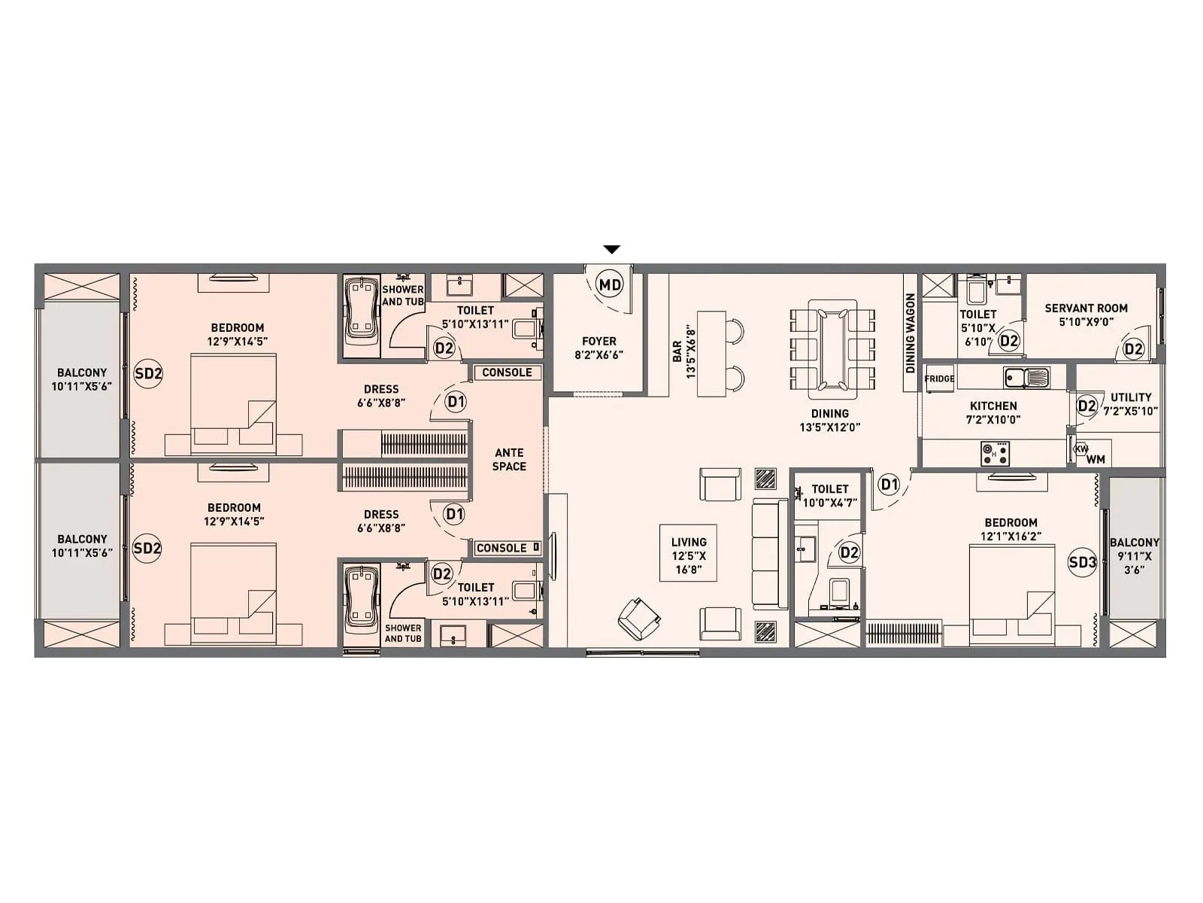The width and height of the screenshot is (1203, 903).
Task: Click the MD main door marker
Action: (x=610, y=284)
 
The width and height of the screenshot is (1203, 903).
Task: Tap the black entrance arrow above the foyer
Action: (x=612, y=249)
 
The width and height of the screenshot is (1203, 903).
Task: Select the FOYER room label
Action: (x=598, y=342)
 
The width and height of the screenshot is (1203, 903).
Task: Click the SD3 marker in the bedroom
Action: (x=1082, y=561)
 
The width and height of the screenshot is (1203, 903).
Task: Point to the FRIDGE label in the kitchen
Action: (x=939, y=379)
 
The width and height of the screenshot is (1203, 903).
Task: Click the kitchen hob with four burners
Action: (x=995, y=453)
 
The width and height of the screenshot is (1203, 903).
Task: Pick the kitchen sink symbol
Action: (x=1026, y=375)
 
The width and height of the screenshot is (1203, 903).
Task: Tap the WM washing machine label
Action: (x=1095, y=459)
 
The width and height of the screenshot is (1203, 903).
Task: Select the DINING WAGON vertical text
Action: (x=910, y=333)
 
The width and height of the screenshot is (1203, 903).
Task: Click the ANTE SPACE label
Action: (x=509, y=459)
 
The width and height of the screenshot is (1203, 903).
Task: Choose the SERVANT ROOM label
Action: (x=1086, y=308)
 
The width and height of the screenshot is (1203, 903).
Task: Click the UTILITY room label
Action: (x=1131, y=397)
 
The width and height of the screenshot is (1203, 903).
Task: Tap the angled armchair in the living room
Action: (x=638, y=617)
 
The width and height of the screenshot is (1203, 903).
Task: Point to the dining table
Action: (x=832, y=349)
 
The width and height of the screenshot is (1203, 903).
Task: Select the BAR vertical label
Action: (x=677, y=351)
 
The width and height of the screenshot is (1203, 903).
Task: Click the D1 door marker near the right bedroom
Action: (x=889, y=484)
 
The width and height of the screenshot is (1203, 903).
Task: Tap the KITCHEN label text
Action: (x=993, y=406)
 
